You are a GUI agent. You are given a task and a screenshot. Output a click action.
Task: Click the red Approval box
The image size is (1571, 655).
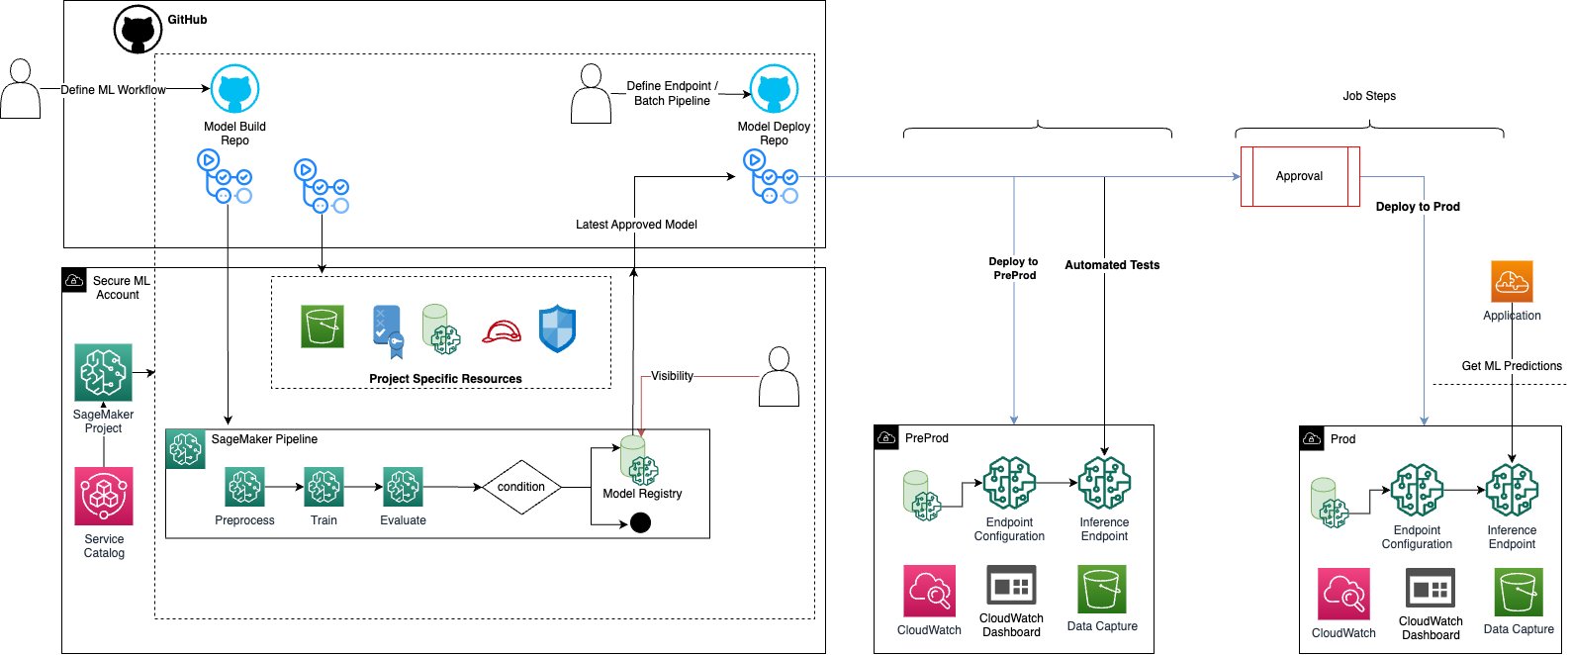click(1300, 176)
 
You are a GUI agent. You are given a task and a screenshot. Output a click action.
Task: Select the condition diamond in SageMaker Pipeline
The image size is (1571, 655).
click(521, 487)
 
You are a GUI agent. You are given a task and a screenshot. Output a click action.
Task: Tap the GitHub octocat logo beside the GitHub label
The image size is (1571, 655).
click(138, 30)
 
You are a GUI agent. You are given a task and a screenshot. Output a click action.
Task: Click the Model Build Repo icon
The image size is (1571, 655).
click(234, 90)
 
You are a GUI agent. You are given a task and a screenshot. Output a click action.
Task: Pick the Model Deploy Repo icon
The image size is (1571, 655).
click(774, 90)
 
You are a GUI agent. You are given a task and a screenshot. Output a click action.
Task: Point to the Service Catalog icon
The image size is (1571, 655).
click(104, 497)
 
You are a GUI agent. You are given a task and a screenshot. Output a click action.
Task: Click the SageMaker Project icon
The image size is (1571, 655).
click(104, 373)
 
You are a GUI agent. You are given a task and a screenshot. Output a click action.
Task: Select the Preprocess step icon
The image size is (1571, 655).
click(244, 487)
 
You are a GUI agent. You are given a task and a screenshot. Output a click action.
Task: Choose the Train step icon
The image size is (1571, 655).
click(323, 487)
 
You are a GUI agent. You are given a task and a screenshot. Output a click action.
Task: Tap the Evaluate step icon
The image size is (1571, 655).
click(403, 487)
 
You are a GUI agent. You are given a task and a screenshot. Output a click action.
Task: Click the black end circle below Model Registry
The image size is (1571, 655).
click(640, 522)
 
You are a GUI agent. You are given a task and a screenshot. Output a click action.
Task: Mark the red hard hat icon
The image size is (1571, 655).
click(502, 331)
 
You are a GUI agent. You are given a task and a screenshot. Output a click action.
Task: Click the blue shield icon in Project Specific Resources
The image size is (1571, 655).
click(557, 328)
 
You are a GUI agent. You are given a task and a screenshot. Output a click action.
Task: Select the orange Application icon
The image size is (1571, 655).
click(1512, 282)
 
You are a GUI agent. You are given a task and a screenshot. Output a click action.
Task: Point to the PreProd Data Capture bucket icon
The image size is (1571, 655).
click(1102, 591)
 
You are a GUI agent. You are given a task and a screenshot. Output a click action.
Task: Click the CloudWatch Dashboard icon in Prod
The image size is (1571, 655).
click(1431, 590)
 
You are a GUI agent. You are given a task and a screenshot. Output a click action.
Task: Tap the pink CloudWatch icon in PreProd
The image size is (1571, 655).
click(929, 591)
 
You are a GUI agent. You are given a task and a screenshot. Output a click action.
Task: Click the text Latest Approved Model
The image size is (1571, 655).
click(636, 225)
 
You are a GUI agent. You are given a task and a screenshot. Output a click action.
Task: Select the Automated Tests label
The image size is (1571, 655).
click(1112, 265)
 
